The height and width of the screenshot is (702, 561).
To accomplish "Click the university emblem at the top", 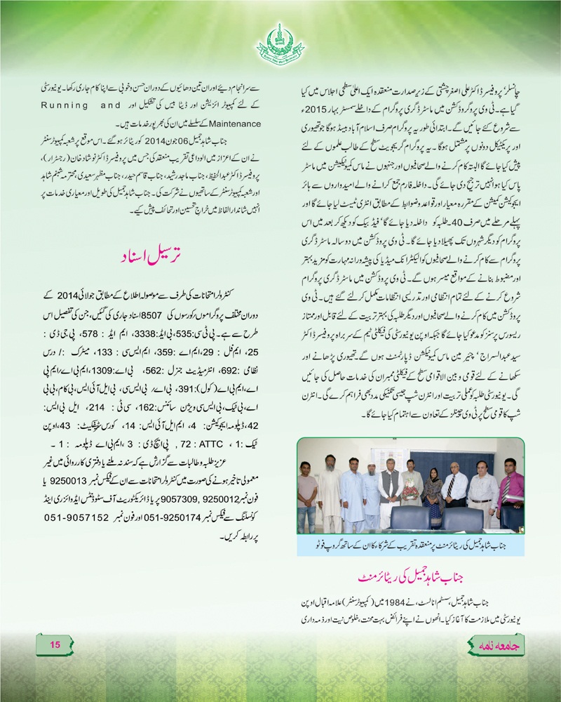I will [280, 42].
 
